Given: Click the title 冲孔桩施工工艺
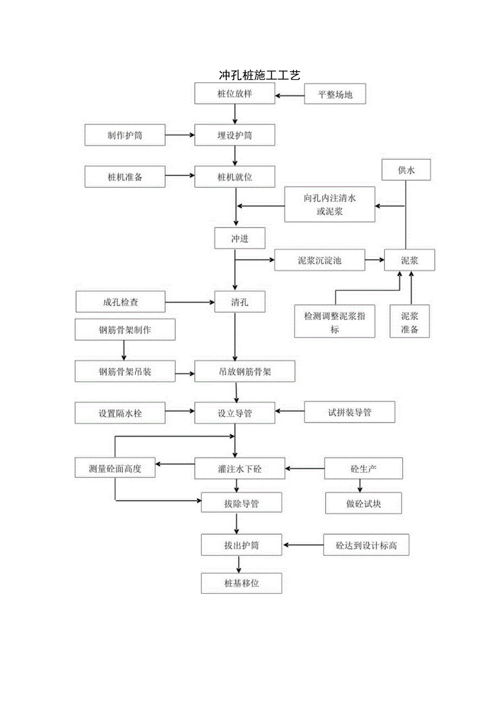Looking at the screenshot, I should coord(259,75).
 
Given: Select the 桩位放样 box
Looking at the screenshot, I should coord(235,94).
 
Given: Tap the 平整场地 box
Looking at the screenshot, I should coord(336,94).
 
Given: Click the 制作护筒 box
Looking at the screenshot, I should coord(125,135).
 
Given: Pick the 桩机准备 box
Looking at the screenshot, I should coord(125,177).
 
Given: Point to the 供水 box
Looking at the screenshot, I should coord(406,170).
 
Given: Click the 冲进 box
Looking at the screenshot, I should coord(240,238).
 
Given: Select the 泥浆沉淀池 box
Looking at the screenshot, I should coord(319,260).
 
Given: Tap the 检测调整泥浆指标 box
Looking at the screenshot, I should coord(335,322).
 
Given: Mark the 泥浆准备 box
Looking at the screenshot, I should coord(410,322).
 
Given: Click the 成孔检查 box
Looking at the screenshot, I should coord(120,302).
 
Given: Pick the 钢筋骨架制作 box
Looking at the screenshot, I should coord(125,329).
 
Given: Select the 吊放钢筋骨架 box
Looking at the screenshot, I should coord(245,372).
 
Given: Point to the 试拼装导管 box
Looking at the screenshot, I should coord(350,412).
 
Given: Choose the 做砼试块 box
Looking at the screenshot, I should coord(364,503).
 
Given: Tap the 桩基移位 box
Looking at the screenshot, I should coord(241,584).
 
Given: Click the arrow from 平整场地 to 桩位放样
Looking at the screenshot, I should coord(290,96).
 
